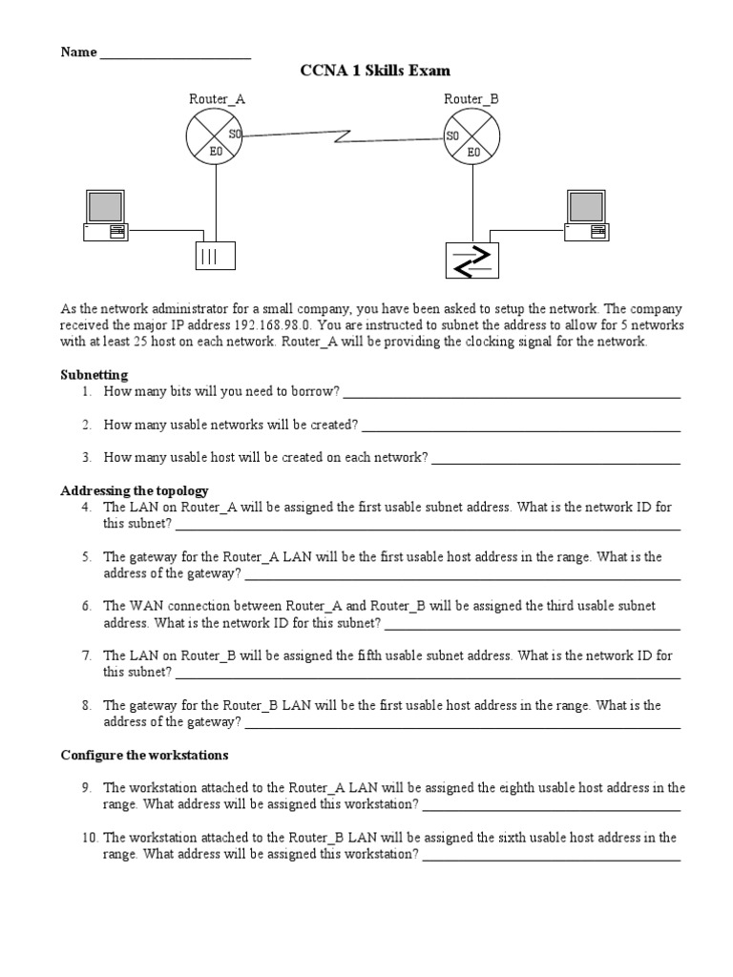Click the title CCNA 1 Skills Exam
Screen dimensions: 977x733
[x=375, y=71]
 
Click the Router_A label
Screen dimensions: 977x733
[x=210, y=98]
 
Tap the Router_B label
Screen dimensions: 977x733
[x=471, y=98]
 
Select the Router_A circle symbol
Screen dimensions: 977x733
[x=216, y=135]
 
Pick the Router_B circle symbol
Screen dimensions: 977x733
[x=471, y=135]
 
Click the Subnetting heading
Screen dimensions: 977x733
[x=94, y=375]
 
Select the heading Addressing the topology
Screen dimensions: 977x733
[x=135, y=490]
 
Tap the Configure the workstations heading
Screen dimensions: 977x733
[x=145, y=755]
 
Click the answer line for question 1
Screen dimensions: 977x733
[x=511, y=393]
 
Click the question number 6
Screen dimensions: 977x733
[x=87, y=606]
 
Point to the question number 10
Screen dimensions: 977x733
[x=90, y=838]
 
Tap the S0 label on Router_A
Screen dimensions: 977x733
[x=235, y=135]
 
